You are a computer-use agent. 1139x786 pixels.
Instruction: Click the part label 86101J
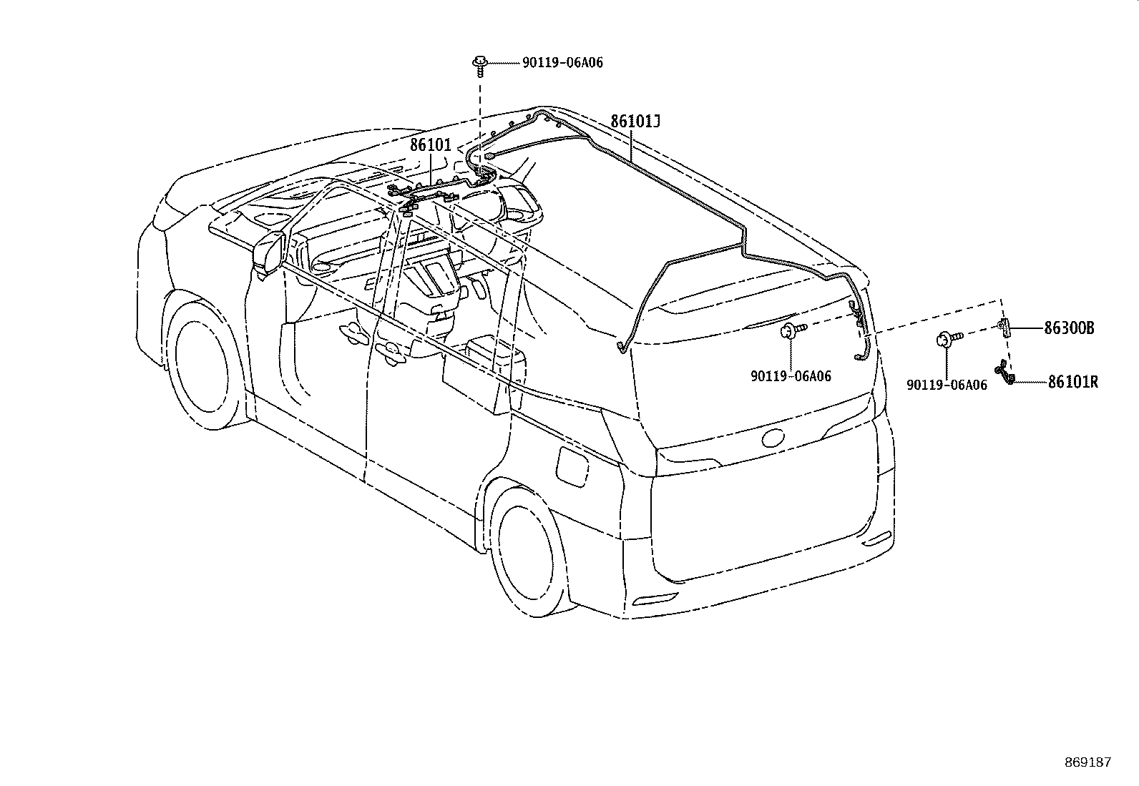point(635,122)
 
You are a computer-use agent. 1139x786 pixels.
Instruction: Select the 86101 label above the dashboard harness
point(431,145)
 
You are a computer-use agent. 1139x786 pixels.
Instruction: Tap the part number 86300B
point(1069,328)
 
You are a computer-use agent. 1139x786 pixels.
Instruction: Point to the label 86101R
point(1073,382)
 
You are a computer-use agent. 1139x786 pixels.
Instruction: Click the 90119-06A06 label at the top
point(563,62)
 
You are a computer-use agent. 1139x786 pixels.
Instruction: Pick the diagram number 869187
point(1088,762)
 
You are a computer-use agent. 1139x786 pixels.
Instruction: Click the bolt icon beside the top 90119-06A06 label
point(479,66)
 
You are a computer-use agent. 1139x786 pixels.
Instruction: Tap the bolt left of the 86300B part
point(949,338)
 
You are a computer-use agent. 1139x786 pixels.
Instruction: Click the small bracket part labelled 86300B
point(1004,328)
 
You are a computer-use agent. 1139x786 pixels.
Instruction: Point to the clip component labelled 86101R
point(1004,372)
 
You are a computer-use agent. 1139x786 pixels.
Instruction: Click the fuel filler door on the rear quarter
point(573,466)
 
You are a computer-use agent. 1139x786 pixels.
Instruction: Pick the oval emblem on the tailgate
point(773,438)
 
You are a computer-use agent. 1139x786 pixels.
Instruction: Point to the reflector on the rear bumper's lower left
point(655,599)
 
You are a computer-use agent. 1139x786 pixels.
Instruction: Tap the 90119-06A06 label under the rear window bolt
point(791,375)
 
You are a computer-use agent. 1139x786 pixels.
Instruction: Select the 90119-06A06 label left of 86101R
point(947,384)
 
